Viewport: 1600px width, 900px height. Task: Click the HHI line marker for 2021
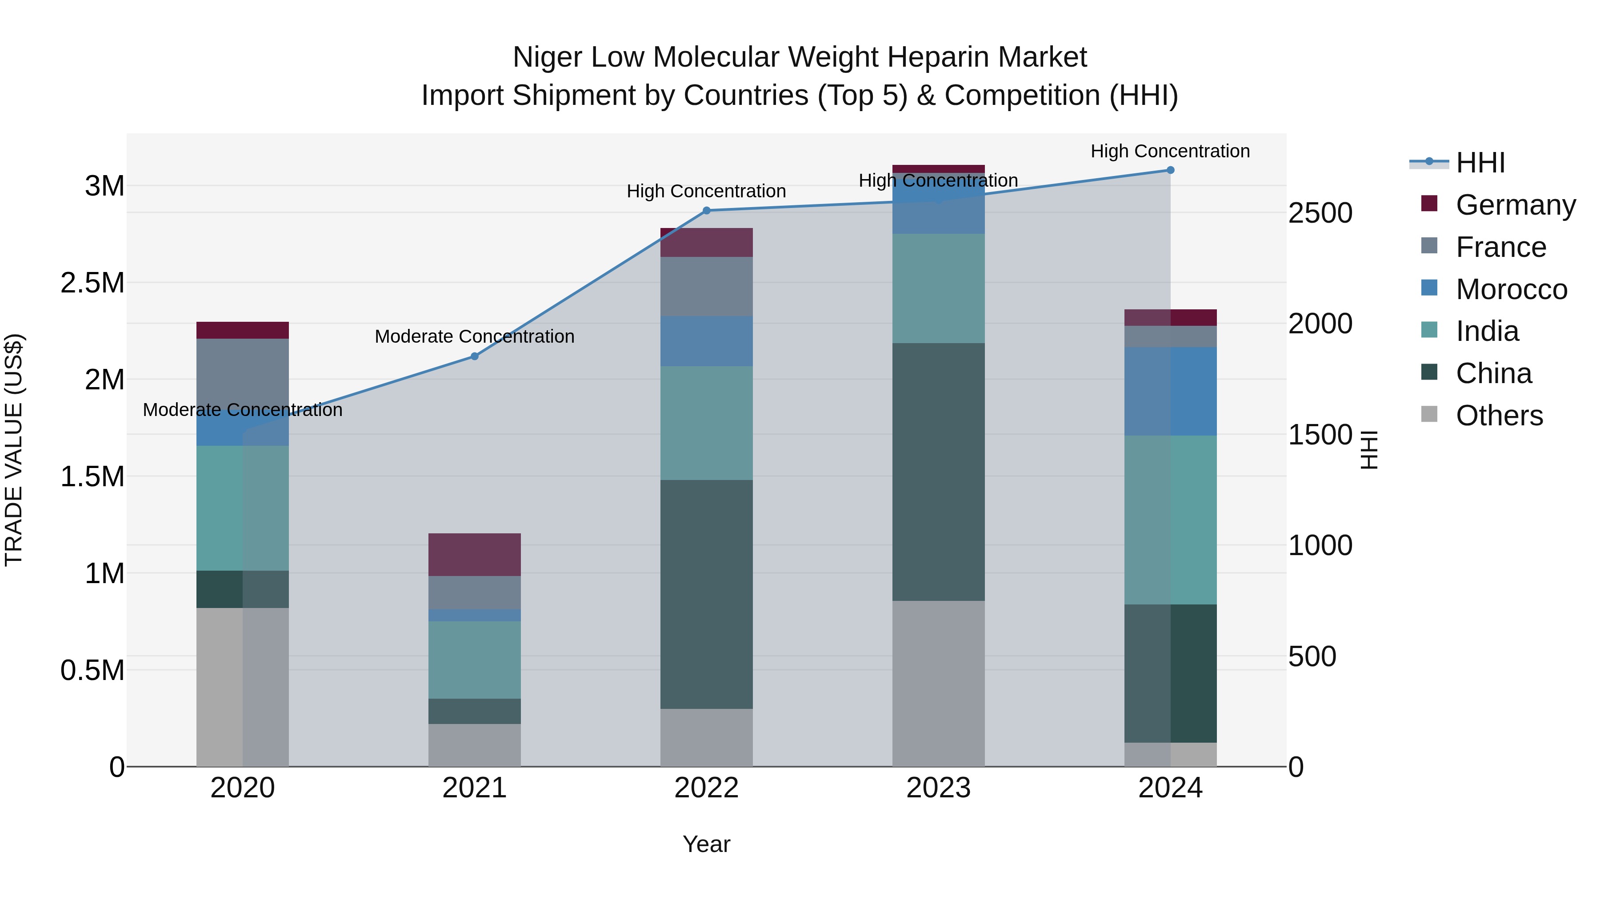475,356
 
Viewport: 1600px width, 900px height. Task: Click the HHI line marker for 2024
1170,170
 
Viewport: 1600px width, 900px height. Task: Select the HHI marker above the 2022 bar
706,211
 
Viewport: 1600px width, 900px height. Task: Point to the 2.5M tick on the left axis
92,283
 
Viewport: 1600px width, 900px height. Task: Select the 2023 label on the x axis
938,788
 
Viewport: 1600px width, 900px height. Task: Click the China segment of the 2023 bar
938,472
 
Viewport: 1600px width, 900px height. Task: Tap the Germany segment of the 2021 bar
475,555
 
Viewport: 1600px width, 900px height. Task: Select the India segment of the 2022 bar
706,423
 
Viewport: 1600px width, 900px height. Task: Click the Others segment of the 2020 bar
242,687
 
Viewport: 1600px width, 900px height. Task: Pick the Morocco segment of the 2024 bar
1170,391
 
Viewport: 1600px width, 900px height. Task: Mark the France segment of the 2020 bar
242,373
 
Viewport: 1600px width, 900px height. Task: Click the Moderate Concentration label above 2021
475,336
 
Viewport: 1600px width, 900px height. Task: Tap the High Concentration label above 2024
1170,151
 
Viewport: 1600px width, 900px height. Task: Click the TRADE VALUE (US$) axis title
14,450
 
